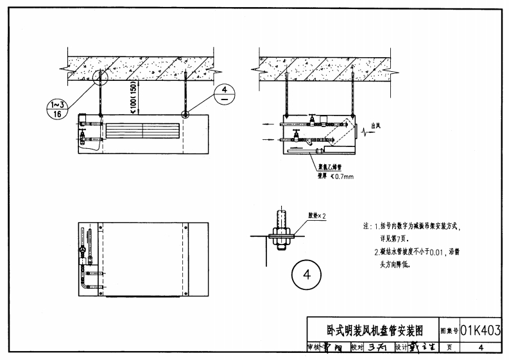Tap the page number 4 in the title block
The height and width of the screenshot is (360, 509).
(x=480, y=347)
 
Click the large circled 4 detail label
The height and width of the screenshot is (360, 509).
(x=306, y=275)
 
